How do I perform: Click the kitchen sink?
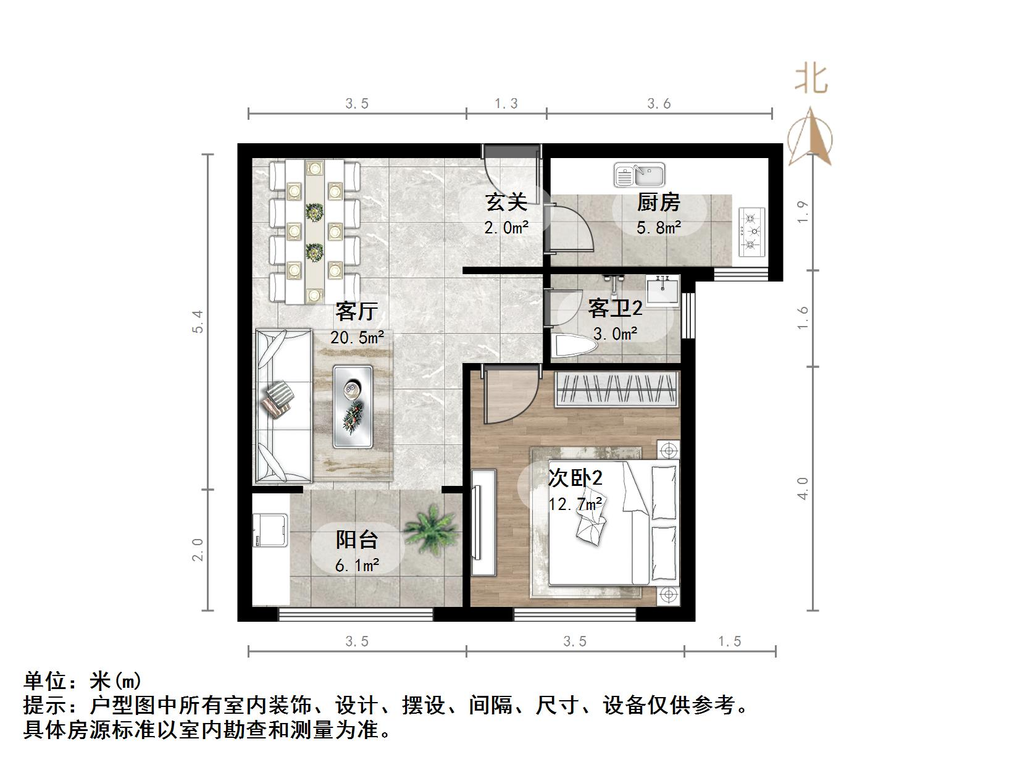click(639, 175)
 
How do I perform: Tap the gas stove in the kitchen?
click(751, 232)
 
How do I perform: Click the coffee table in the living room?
click(353, 406)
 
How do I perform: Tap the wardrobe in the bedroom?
click(617, 389)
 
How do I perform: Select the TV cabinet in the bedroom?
click(483, 522)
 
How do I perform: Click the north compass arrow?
click(811, 137)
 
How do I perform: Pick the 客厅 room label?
click(356, 311)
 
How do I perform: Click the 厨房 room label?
click(658, 202)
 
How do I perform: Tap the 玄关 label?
click(506, 202)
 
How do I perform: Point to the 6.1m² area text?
click(357, 564)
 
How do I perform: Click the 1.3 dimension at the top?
click(506, 104)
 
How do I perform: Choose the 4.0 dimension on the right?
click(802, 488)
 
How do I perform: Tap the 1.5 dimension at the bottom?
click(729, 642)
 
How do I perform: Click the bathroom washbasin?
click(663, 290)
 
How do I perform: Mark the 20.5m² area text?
click(357, 338)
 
